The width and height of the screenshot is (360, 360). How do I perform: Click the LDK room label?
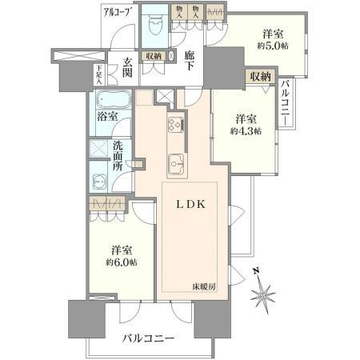point(192,204)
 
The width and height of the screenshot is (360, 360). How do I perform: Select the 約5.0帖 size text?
point(274,46)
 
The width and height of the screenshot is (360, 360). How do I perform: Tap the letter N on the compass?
point(254,271)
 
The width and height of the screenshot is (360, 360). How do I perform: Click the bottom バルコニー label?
point(149,339)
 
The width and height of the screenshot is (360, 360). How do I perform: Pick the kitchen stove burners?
point(176,125)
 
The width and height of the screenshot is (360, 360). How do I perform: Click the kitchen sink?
point(177,164)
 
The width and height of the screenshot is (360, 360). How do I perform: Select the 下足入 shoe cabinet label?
point(99,74)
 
